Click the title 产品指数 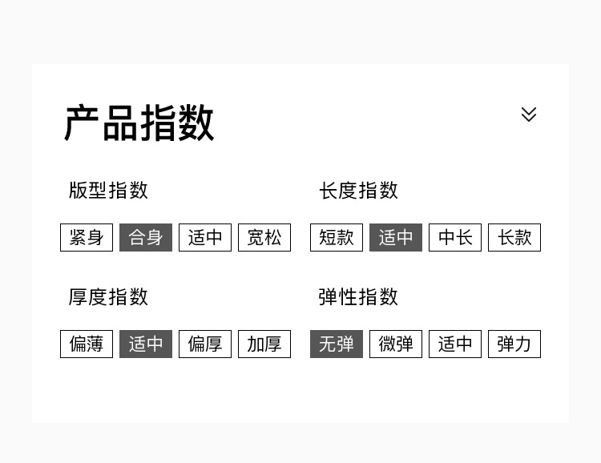click(139, 123)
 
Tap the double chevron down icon click(529, 115)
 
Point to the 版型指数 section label click(108, 191)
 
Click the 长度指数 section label click(358, 191)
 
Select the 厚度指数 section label click(108, 297)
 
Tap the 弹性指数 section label click(358, 297)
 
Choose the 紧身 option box click(87, 238)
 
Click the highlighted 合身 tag click(146, 238)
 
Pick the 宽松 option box click(264, 238)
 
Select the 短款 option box click(337, 238)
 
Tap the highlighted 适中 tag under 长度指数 click(396, 238)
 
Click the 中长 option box click(455, 238)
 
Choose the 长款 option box click(514, 238)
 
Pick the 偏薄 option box click(87, 344)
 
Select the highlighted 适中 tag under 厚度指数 click(146, 344)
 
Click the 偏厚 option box click(205, 344)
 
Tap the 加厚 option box click(264, 344)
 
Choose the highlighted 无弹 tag click(337, 344)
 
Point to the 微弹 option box click(396, 344)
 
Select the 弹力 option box click(514, 344)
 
